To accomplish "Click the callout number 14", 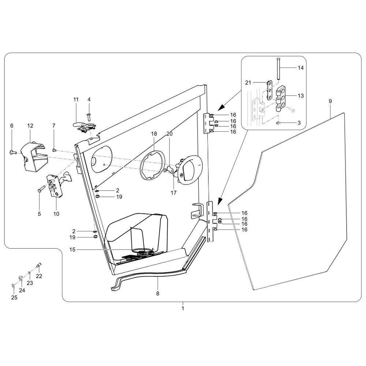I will click(x=300, y=68).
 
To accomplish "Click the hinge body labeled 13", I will click(x=281, y=99).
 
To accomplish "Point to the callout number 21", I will click(x=248, y=83).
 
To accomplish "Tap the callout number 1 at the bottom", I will click(x=183, y=308).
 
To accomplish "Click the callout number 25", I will click(x=14, y=298).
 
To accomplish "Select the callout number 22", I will click(x=39, y=276).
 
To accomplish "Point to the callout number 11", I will click(x=76, y=100).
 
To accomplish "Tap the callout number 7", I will click(x=54, y=126).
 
